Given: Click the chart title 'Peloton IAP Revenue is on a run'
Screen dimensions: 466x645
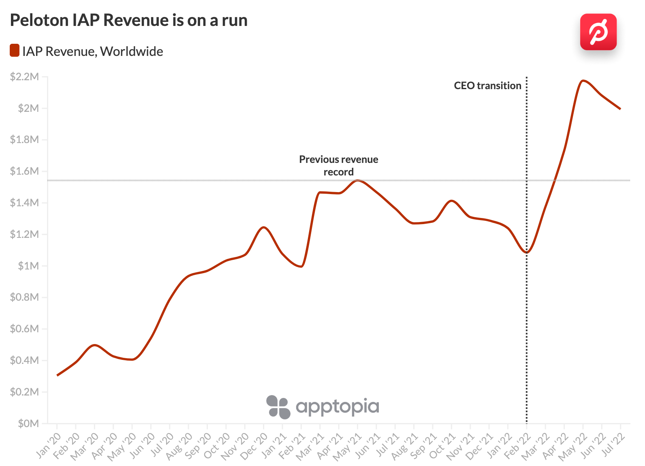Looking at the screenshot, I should pyautogui.click(x=129, y=20).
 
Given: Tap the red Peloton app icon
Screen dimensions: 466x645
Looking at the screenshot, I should pyautogui.click(x=598, y=32).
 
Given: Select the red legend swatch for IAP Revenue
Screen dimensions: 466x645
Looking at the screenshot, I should pyautogui.click(x=15, y=51).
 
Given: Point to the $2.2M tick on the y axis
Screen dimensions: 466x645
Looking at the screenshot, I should pyautogui.click(x=24, y=77).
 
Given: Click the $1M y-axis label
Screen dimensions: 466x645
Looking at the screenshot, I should pyautogui.click(x=28, y=266).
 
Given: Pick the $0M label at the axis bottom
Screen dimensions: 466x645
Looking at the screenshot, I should pyautogui.click(x=28, y=423).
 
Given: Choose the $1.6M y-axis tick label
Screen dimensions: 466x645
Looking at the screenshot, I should pyautogui.click(x=24, y=171).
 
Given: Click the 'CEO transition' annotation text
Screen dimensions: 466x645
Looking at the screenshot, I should pyautogui.click(x=487, y=86).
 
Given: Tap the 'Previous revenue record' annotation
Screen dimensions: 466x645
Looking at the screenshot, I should pyautogui.click(x=338, y=165).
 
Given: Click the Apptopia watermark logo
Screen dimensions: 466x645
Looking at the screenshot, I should pyautogui.click(x=322, y=407).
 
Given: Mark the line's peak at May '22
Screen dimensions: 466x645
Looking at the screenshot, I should pyautogui.click(x=583, y=81).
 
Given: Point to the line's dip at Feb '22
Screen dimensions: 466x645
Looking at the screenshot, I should pyautogui.click(x=527, y=252).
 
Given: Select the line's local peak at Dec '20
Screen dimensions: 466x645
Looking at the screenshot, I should pyautogui.click(x=264, y=227).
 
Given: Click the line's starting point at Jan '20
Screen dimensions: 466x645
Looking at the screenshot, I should pyautogui.click(x=58, y=375).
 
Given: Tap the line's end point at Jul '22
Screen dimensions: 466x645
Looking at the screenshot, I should pyautogui.click(x=620, y=109).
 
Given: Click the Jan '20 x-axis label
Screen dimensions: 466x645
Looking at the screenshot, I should pyautogui.click(x=49, y=446).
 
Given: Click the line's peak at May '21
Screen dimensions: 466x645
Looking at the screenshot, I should pyautogui.click(x=357, y=180).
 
